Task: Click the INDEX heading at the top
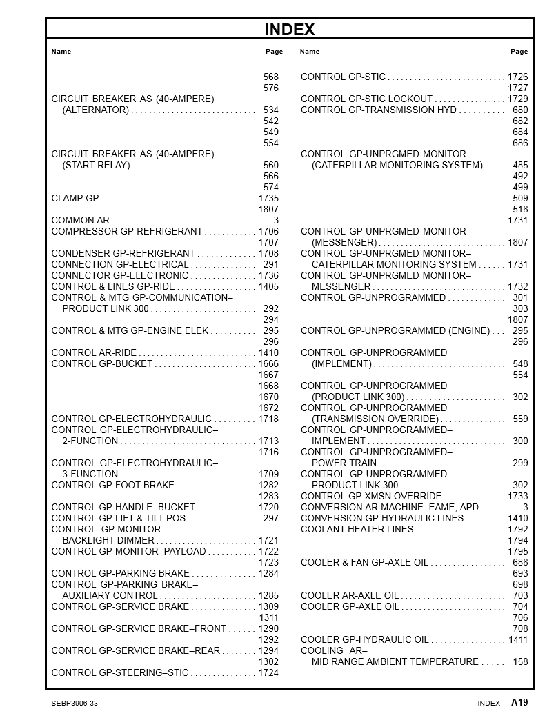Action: (290, 30)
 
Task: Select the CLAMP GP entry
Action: (75, 199)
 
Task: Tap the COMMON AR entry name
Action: (80, 221)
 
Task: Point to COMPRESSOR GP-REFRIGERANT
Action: (127, 232)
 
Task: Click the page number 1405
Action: (268, 287)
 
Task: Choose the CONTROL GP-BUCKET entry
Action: (101, 364)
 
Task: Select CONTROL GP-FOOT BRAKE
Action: (112, 486)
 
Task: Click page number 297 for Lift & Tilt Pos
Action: (270, 519)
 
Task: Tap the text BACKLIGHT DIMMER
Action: (108, 541)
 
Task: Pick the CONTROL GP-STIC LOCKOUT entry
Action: (366, 99)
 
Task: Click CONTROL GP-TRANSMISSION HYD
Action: (379, 110)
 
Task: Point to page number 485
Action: (520, 166)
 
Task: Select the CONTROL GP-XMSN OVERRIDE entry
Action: (370, 497)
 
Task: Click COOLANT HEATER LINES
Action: (357, 530)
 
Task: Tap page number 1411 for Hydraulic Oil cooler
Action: (518, 640)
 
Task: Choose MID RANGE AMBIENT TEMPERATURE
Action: (395, 662)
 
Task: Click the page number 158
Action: (520, 662)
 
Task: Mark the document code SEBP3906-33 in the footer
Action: (75, 704)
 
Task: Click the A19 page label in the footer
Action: (519, 703)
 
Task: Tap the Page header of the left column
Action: (274, 52)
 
